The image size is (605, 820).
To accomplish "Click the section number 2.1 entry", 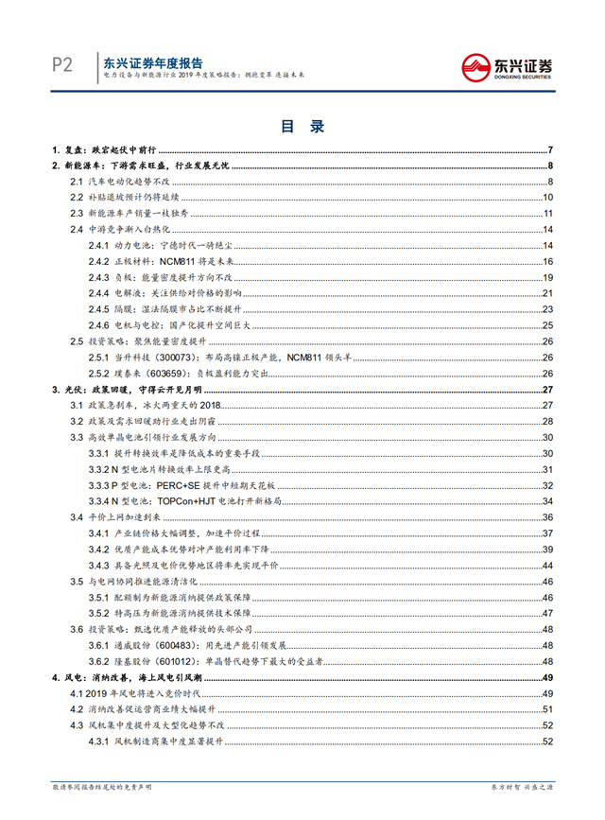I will click(78, 182).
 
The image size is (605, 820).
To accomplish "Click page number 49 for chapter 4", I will click(546, 678).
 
